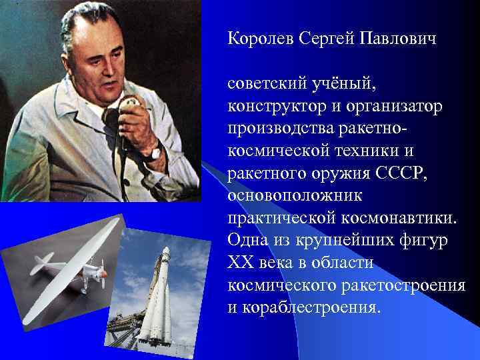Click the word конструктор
coord(279,107)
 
